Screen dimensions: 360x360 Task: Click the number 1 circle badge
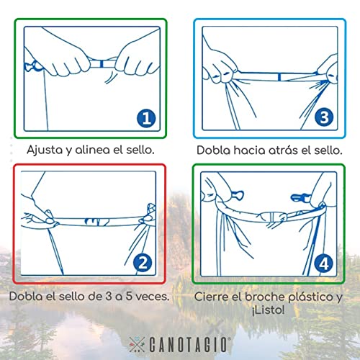(x=146, y=118)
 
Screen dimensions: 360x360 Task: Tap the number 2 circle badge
(x=143, y=263)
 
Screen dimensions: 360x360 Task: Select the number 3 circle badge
(x=324, y=117)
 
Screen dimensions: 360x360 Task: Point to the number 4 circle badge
(x=324, y=264)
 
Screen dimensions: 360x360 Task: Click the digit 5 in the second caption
(x=129, y=296)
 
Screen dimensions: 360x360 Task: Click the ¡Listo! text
(x=268, y=310)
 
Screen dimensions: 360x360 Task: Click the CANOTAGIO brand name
(x=188, y=345)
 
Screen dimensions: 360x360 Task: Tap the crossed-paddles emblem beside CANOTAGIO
(x=137, y=344)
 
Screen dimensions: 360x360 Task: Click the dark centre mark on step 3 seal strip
(x=279, y=77)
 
